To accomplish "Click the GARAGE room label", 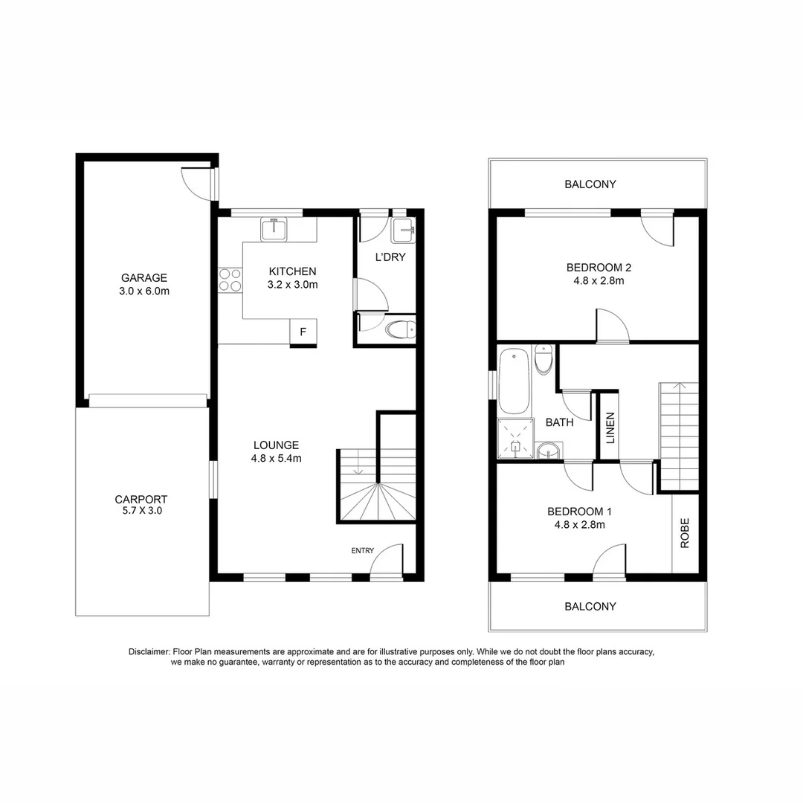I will point(144,278).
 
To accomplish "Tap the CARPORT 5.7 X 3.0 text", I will point(141,505).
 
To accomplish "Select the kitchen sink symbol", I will point(274,229).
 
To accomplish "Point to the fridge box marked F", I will point(303,332).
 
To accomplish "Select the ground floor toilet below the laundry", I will point(401,329).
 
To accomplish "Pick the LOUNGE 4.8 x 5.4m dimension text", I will point(276,458).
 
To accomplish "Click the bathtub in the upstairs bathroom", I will point(514,381).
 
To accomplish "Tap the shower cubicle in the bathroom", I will point(516,439).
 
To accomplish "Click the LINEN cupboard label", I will point(610,428).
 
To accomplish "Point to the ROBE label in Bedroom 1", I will point(685,532).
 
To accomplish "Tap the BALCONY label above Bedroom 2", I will point(590,184).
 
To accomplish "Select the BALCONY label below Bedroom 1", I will point(590,606).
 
